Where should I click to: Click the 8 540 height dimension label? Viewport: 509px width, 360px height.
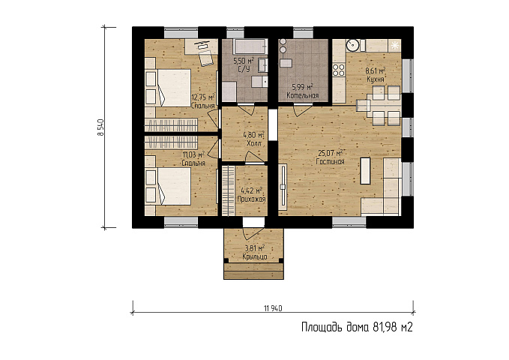(x=101, y=127)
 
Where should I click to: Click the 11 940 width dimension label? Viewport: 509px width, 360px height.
(x=274, y=308)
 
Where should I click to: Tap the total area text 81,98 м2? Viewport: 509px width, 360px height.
(x=393, y=327)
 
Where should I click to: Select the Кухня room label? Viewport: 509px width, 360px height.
(x=376, y=79)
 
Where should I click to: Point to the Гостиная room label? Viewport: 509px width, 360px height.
(x=330, y=161)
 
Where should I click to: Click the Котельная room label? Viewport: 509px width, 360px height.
(x=303, y=95)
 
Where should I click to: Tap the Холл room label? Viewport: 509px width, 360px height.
(x=254, y=143)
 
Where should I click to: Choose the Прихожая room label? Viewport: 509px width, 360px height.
(x=251, y=199)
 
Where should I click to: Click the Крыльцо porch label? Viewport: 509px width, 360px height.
(x=255, y=256)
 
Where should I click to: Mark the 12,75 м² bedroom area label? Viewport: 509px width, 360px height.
(x=203, y=97)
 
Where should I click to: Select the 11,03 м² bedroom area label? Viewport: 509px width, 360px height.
(x=193, y=154)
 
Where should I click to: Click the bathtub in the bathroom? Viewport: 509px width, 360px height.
(x=250, y=46)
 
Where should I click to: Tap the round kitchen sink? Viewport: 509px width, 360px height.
(x=352, y=45)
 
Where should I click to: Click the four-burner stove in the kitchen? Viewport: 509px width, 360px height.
(x=339, y=70)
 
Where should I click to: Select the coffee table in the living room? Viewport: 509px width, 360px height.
(x=365, y=170)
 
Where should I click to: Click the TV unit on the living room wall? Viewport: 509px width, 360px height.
(x=283, y=187)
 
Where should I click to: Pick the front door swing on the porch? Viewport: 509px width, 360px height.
(x=253, y=233)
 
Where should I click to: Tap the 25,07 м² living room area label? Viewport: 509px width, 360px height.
(x=331, y=153)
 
